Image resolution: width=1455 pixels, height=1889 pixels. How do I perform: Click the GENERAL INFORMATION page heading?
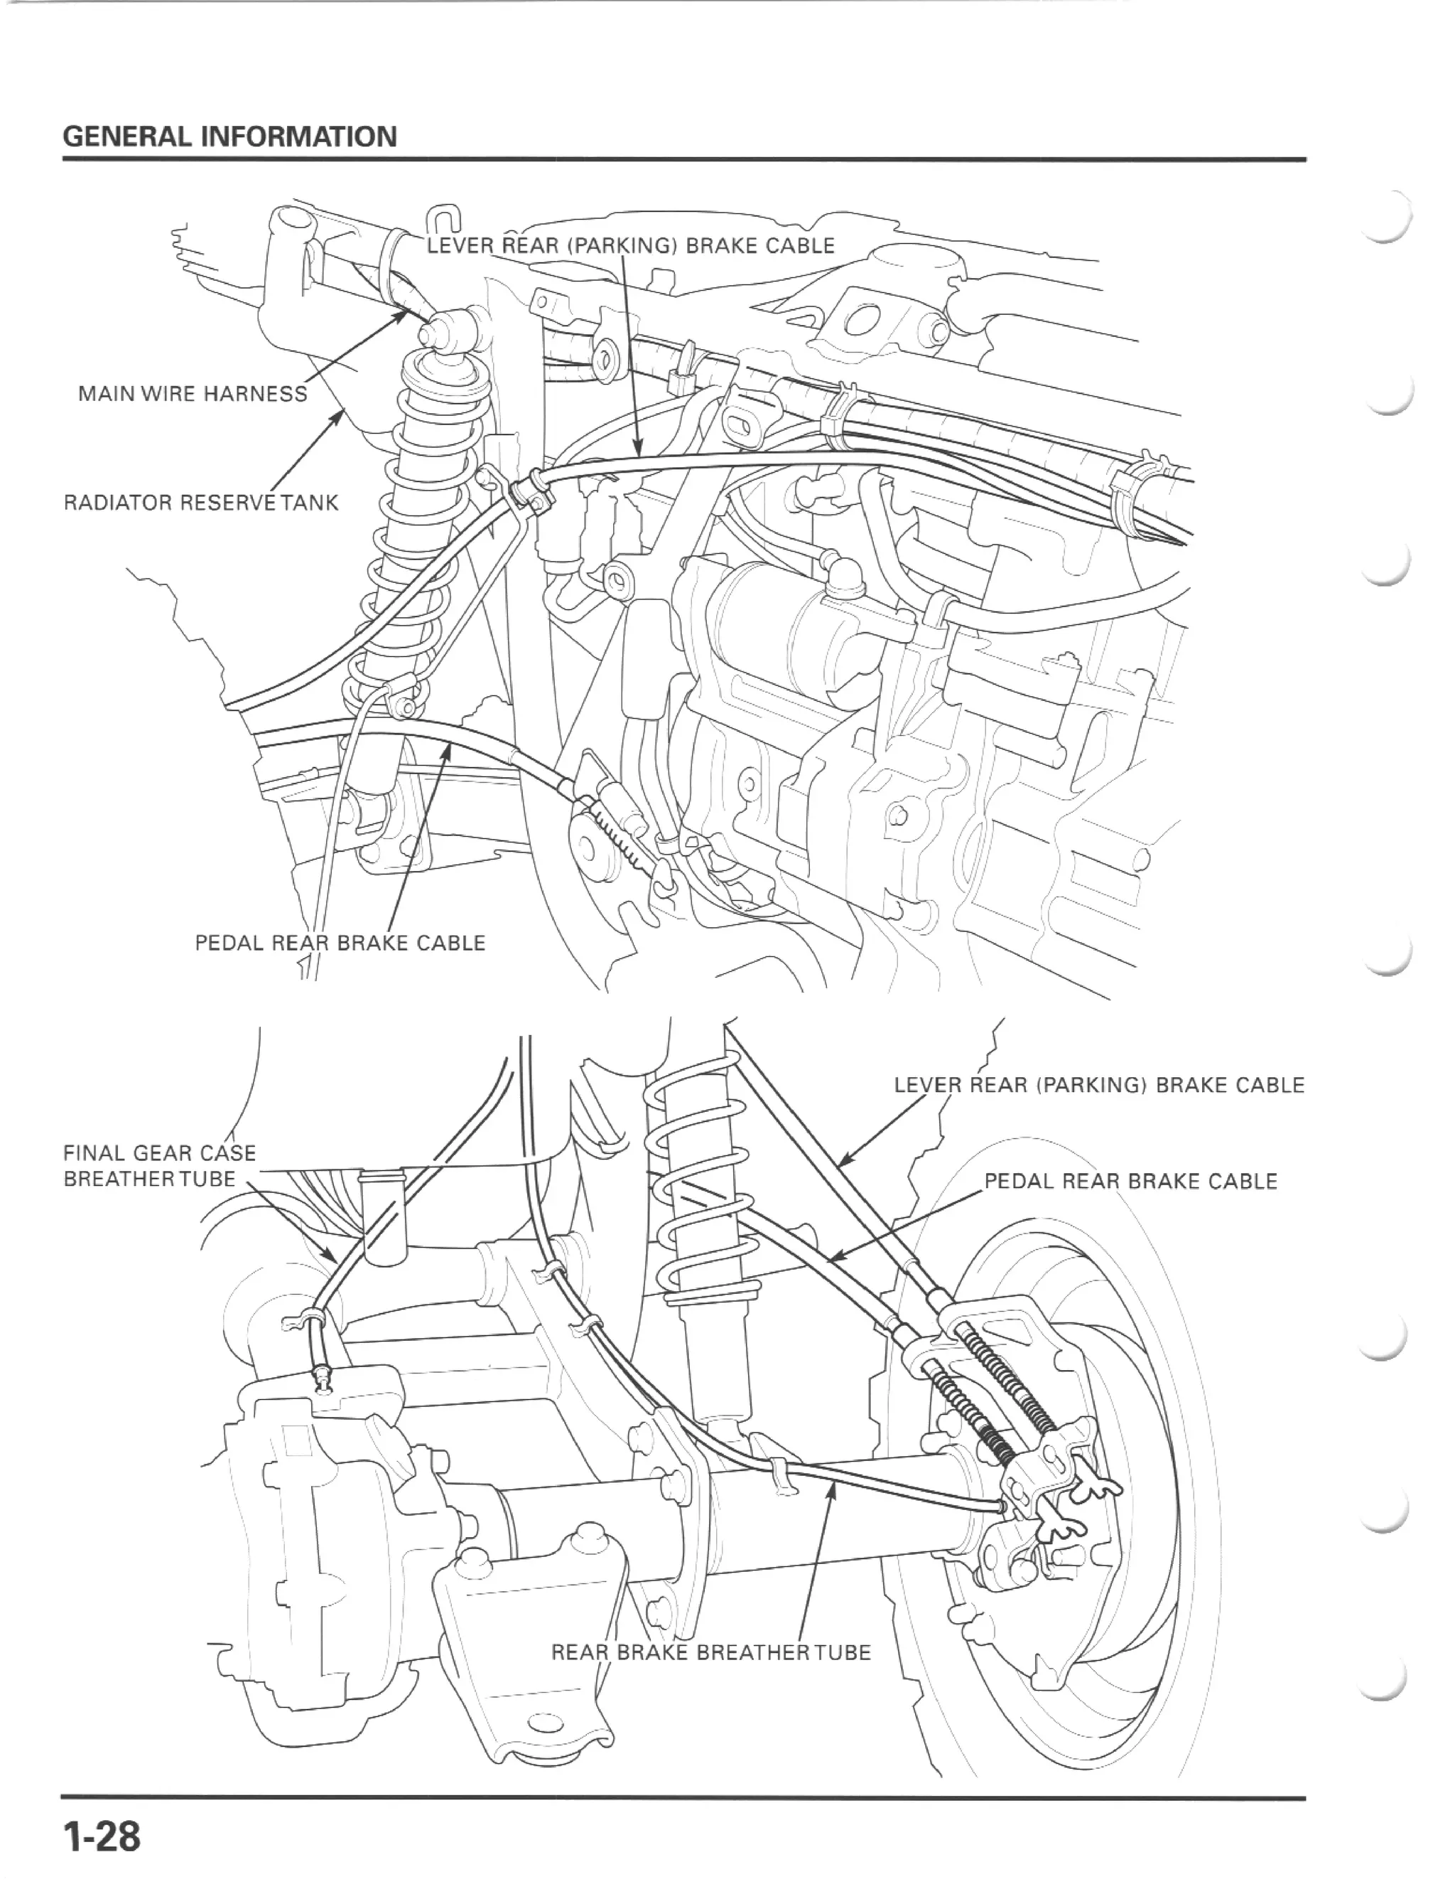click(230, 137)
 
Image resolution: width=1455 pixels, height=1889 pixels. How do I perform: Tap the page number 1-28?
click(100, 1830)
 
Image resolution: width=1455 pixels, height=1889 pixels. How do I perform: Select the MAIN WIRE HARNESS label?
click(192, 395)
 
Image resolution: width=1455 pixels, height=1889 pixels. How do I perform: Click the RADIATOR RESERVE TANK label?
click(200, 503)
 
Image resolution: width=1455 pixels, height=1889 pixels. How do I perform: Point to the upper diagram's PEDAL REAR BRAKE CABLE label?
click(340, 943)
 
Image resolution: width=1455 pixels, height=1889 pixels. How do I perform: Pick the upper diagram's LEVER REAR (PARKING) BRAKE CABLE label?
click(631, 246)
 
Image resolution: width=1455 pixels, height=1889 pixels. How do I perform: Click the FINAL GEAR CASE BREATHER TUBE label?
click(159, 1166)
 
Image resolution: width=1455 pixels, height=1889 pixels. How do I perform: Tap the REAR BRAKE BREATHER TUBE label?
click(710, 1653)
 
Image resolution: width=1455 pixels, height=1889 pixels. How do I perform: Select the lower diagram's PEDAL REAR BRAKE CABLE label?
click(1130, 1182)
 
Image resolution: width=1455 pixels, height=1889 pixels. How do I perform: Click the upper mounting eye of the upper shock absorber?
click(450, 328)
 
